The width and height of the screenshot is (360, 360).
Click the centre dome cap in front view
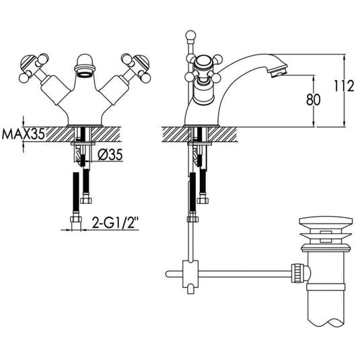click(83, 62)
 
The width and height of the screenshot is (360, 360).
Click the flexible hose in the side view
click(194, 192)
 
